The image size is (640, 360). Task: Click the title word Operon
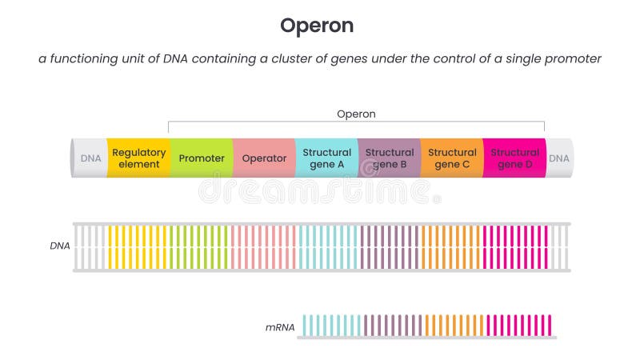[316, 26]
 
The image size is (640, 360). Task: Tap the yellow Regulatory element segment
[138, 158]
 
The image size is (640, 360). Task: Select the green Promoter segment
[202, 158]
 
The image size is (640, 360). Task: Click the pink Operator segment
[264, 158]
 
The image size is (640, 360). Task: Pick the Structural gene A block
[326, 158]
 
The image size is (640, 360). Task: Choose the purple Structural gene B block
[390, 158]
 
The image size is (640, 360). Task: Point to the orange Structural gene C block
[452, 158]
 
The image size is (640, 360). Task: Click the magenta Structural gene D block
[514, 158]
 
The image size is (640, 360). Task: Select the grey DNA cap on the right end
[559, 158]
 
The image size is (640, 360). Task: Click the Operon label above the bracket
[356, 114]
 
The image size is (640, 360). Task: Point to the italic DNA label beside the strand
[60, 246]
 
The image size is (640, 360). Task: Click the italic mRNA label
[280, 326]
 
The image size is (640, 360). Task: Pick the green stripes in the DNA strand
[198, 246]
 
